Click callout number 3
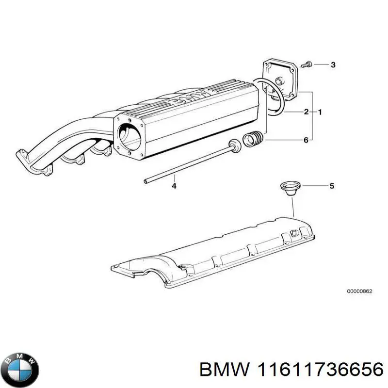click(x=333, y=65)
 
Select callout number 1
click(x=320, y=113)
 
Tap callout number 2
click(x=306, y=113)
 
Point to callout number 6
click(x=306, y=140)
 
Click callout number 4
click(x=174, y=186)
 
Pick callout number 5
click(x=332, y=185)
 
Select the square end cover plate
click(x=280, y=80)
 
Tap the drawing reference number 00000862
click(x=359, y=291)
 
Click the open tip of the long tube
click(x=146, y=181)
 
